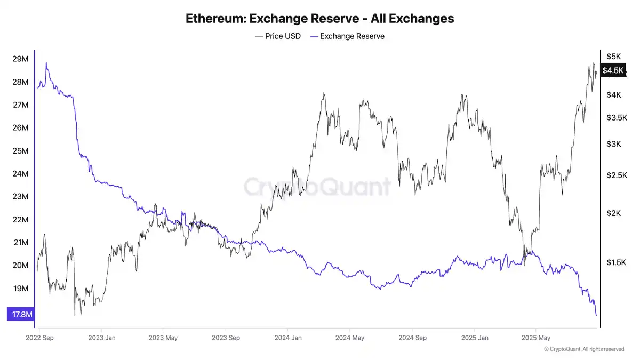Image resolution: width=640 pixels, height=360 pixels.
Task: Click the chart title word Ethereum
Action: click(x=215, y=18)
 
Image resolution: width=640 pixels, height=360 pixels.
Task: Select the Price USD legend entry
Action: click(x=278, y=36)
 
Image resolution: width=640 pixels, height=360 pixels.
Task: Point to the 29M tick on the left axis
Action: click(x=20, y=59)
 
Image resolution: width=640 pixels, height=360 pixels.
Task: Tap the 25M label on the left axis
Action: click(x=20, y=151)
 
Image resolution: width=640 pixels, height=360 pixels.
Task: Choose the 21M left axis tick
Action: click(x=20, y=243)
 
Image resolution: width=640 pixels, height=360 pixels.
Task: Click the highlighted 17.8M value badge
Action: click(x=20, y=315)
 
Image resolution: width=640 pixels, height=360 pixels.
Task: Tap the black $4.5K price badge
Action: click(x=612, y=70)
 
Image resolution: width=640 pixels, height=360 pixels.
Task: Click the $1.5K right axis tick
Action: click(x=616, y=262)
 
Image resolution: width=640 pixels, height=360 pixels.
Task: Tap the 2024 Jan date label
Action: click(x=289, y=338)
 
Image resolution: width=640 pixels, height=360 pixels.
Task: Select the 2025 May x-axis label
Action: click(x=535, y=338)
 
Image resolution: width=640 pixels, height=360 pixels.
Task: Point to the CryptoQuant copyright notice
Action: click(x=584, y=349)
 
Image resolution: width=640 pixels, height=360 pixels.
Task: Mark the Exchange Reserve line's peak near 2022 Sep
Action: click(x=46, y=63)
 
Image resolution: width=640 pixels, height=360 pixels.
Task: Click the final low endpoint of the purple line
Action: click(x=596, y=315)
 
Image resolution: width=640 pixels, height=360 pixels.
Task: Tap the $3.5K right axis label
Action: click(x=616, y=117)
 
